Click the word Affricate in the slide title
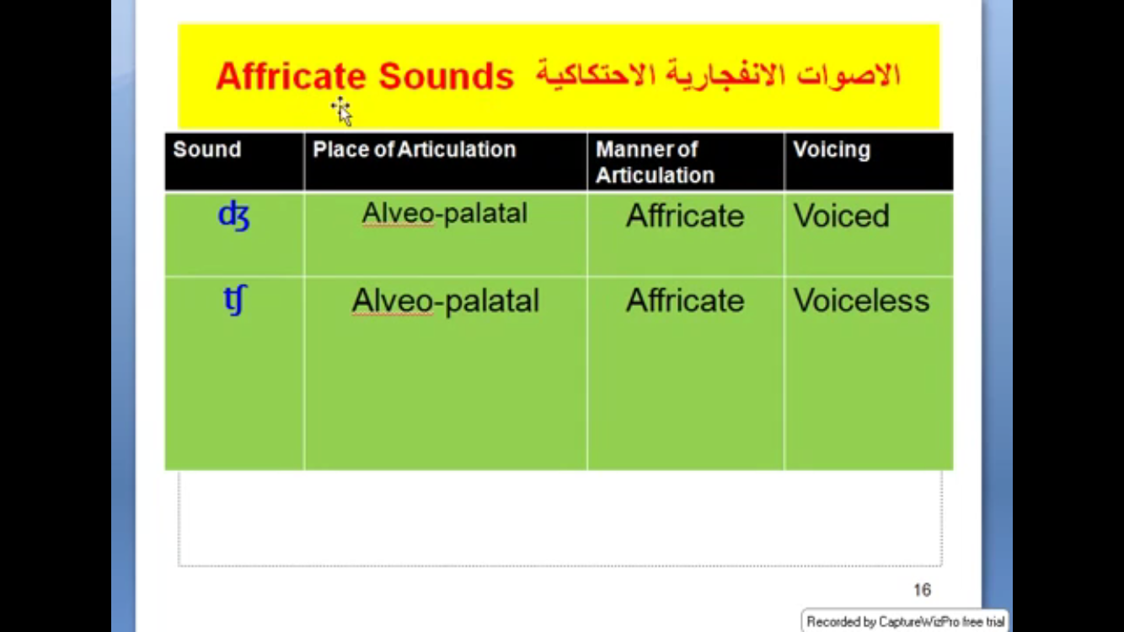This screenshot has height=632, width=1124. (x=291, y=77)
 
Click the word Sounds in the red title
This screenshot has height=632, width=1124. (x=446, y=77)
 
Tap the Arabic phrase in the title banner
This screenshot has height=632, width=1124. (x=718, y=75)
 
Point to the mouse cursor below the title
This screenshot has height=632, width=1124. (x=343, y=111)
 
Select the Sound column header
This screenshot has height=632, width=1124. (x=207, y=149)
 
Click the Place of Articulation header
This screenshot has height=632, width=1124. (x=415, y=149)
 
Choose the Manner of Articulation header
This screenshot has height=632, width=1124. (x=655, y=162)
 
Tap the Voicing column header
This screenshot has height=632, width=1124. (x=832, y=150)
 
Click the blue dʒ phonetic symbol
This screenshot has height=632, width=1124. (x=234, y=216)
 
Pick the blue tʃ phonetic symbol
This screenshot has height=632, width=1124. (x=235, y=300)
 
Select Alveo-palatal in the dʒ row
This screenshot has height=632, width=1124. (x=445, y=214)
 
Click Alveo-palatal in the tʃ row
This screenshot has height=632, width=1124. (x=446, y=301)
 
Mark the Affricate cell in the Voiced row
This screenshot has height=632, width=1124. (x=685, y=216)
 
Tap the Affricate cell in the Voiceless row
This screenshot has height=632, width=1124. (x=685, y=301)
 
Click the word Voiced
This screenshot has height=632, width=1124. (x=842, y=216)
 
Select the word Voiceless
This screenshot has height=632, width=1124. (x=862, y=301)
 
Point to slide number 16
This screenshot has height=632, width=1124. (x=923, y=590)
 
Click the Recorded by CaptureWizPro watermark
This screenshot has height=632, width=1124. (x=905, y=621)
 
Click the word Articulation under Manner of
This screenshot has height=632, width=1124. (x=655, y=175)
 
